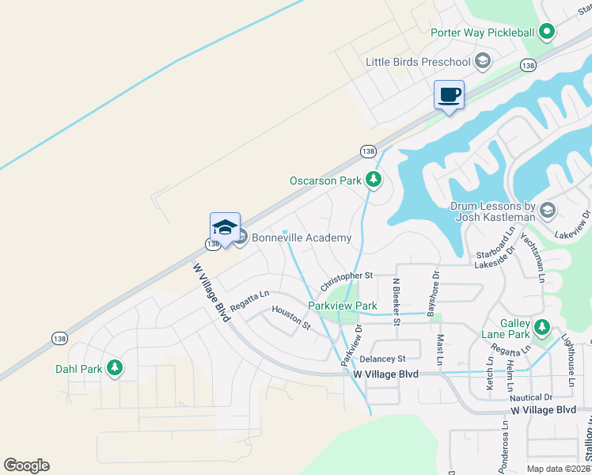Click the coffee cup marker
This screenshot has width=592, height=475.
pyautogui.click(x=449, y=95)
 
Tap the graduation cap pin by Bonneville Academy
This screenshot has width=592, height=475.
pyautogui.click(x=225, y=227)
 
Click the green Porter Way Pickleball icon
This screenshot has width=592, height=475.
pyautogui.click(x=546, y=32)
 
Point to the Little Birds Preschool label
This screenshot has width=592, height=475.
pyautogui.click(x=417, y=62)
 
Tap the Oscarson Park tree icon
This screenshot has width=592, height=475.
pyautogui.click(x=374, y=180)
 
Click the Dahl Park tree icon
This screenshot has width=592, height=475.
pyautogui.click(x=115, y=368)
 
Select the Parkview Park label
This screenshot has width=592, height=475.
pyautogui.click(x=342, y=306)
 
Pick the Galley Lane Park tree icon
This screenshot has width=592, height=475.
pyautogui.click(x=541, y=326)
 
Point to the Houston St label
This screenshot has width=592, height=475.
pyautogui.click(x=291, y=317)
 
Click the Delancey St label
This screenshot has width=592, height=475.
pyautogui.click(x=382, y=359)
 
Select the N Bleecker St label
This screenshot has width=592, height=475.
pyautogui.click(x=397, y=300)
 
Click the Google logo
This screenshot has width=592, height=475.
pyautogui.click(x=26, y=465)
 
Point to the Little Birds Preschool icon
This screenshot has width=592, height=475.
pyautogui.click(x=482, y=62)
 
